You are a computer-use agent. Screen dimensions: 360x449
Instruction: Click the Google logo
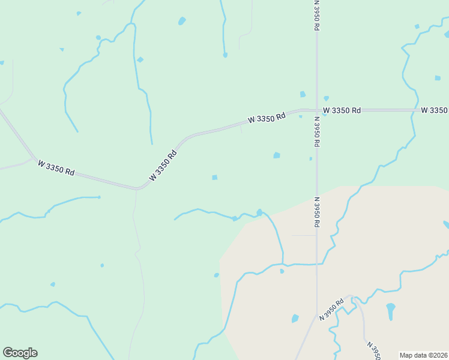20,353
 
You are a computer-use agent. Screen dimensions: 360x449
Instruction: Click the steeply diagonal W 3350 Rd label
163,165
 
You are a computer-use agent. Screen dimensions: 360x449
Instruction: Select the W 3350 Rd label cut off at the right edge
435,110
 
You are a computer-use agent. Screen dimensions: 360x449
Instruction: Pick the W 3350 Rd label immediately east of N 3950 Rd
342,110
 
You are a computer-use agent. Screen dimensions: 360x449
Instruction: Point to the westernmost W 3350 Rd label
56,167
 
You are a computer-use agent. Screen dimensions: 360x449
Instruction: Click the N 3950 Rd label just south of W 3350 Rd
316,131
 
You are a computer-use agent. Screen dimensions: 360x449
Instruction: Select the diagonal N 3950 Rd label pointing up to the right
331,308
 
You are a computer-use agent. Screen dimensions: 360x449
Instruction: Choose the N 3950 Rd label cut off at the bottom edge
373,351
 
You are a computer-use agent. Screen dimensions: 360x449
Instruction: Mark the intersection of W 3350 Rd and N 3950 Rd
316,110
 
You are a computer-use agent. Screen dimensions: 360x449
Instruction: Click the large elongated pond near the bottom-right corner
391,310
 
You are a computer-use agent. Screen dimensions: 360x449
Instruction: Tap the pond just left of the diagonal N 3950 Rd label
295,318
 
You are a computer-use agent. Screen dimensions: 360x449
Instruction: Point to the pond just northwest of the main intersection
303,94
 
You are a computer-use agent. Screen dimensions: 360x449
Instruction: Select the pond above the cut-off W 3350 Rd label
438,78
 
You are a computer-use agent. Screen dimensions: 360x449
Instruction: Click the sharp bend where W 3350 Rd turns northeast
138,188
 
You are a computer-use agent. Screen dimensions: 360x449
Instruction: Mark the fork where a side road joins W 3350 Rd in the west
34,159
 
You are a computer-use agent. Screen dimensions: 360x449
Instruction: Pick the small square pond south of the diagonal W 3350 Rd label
214,177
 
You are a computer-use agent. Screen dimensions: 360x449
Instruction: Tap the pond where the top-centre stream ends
225,55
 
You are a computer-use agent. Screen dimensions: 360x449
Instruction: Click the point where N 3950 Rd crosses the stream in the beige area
316,263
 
